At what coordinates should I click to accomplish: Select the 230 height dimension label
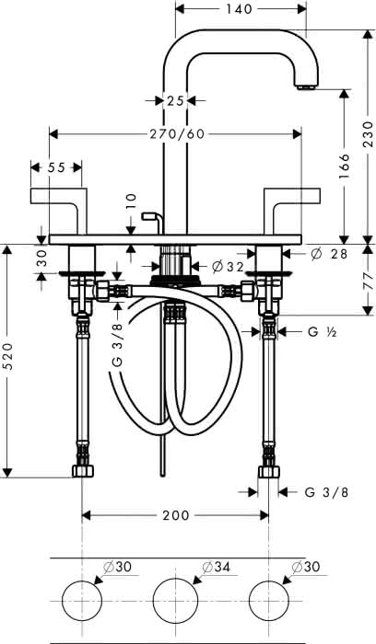(x=369, y=134)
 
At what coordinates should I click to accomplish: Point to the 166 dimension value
(x=344, y=167)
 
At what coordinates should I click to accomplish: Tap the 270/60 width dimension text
(x=177, y=134)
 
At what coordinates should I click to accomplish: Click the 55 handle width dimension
(x=56, y=167)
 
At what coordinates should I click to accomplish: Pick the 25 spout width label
(x=175, y=100)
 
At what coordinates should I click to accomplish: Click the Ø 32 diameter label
(x=228, y=267)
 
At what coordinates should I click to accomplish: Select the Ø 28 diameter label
(x=329, y=254)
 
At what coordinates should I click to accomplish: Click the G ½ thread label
(x=323, y=332)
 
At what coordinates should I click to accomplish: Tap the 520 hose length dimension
(x=9, y=356)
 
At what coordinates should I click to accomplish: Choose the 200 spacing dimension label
(x=176, y=515)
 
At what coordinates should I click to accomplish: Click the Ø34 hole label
(x=216, y=568)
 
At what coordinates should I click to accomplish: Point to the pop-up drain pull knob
(x=147, y=215)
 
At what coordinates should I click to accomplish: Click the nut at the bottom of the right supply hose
(x=268, y=471)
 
